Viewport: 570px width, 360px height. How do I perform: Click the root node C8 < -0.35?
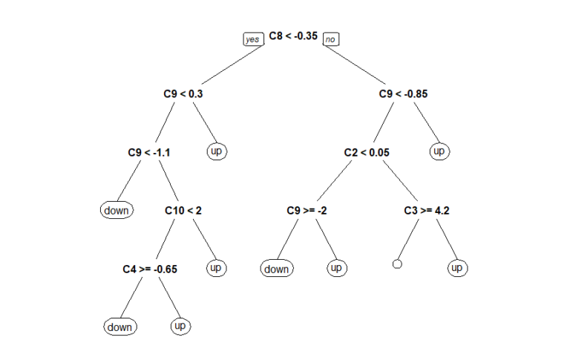tap(292, 36)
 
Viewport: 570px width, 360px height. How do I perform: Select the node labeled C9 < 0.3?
tap(183, 94)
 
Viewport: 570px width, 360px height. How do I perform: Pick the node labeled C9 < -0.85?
tap(403, 94)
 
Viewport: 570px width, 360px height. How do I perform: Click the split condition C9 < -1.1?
tap(149, 152)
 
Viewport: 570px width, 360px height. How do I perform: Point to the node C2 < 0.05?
tap(367, 152)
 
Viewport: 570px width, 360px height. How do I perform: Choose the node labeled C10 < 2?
tap(183, 210)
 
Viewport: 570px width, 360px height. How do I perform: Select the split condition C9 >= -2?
tap(307, 210)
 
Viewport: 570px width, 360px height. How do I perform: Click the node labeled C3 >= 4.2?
tap(427, 210)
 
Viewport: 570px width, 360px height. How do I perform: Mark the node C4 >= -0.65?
tap(150, 268)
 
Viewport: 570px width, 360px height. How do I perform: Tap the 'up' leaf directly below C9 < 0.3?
tap(216, 151)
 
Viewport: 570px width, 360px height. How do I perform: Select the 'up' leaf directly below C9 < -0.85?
tap(439, 151)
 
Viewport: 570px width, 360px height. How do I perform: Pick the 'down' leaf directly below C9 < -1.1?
tap(116, 210)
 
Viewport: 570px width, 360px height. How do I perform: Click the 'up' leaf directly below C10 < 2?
tap(216, 267)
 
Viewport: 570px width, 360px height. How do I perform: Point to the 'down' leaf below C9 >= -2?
tap(276, 269)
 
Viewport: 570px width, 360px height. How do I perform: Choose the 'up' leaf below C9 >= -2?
tap(336, 267)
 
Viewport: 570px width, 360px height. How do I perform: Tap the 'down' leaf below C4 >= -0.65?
tap(119, 327)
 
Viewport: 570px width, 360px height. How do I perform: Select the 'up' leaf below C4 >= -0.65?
tap(180, 325)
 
